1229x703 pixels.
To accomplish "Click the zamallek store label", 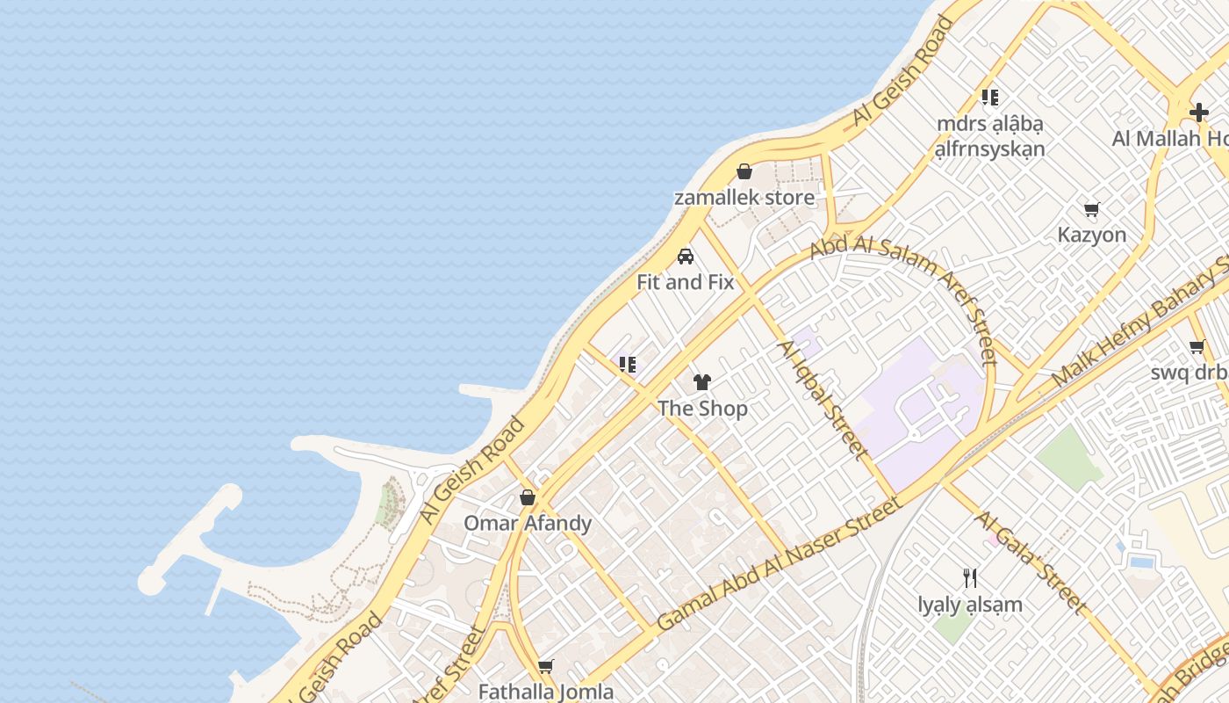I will tap(744, 198).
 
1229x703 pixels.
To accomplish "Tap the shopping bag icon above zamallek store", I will tap(744, 171).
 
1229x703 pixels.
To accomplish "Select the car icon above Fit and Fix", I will tap(686, 257).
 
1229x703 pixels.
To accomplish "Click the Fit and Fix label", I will tap(685, 282).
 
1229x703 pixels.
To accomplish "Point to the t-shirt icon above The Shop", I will tap(702, 382).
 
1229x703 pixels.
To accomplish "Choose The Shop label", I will tap(702, 409).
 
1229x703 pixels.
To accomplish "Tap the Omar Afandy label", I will tap(528, 524).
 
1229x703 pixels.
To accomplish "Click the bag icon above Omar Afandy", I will tap(528, 497).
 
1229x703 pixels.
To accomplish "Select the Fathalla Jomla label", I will tap(545, 692).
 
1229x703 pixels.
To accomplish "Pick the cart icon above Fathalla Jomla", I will tap(546, 666).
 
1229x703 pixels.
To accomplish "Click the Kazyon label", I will tap(1091, 235).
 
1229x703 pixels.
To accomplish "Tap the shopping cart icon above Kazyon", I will tap(1091, 209).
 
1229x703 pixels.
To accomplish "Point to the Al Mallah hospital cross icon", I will tap(1198, 112).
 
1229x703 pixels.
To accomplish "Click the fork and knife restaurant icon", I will tap(970, 578).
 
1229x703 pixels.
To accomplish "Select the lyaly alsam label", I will tap(970, 605).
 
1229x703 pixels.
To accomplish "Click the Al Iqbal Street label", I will tap(823, 399).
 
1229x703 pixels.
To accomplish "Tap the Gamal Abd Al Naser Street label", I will tap(780, 563).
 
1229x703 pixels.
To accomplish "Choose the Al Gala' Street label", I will tap(1030, 562).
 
